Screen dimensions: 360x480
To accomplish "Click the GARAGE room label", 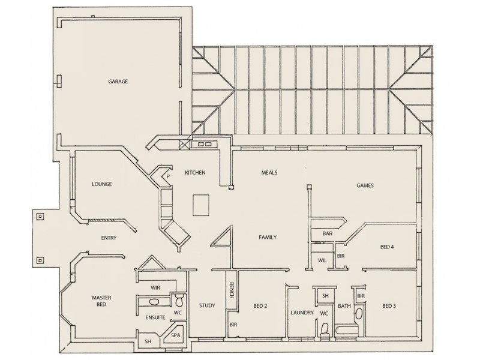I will (x=118, y=82).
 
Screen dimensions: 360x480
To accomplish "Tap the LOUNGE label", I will (x=102, y=184).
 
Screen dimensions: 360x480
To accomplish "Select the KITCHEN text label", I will (x=195, y=173).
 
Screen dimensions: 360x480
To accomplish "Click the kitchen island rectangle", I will (x=202, y=205).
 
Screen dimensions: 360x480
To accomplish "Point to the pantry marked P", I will (x=167, y=176).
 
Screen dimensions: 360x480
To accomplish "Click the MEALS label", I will (x=269, y=173).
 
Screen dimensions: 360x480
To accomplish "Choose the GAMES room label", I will (x=365, y=186).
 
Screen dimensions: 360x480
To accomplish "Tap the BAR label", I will (x=328, y=233).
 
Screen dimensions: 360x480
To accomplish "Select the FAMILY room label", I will (x=268, y=238).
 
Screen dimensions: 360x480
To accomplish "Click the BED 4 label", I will (x=388, y=247).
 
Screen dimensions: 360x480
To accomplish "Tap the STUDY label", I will (x=207, y=305).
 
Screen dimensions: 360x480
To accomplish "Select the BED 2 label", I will (x=260, y=305).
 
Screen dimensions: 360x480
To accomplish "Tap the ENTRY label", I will (x=109, y=238).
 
